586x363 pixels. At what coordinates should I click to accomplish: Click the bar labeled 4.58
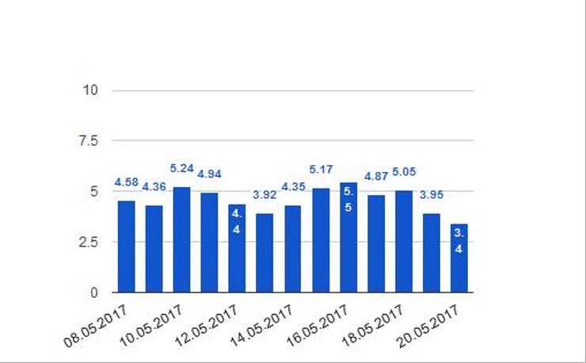(x=126, y=246)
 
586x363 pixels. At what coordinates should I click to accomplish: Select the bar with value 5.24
(x=181, y=239)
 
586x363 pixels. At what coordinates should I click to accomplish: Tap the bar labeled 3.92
(x=264, y=253)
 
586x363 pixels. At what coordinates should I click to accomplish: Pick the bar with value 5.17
(x=321, y=240)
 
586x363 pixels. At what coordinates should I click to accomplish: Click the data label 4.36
(x=154, y=187)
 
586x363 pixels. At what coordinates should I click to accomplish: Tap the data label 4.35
(x=294, y=187)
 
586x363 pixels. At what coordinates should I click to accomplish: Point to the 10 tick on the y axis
(x=90, y=90)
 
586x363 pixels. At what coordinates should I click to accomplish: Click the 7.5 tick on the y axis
(x=87, y=141)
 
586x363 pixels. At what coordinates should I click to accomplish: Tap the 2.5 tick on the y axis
(x=87, y=242)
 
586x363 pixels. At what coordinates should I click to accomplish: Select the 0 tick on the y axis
(x=93, y=292)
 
